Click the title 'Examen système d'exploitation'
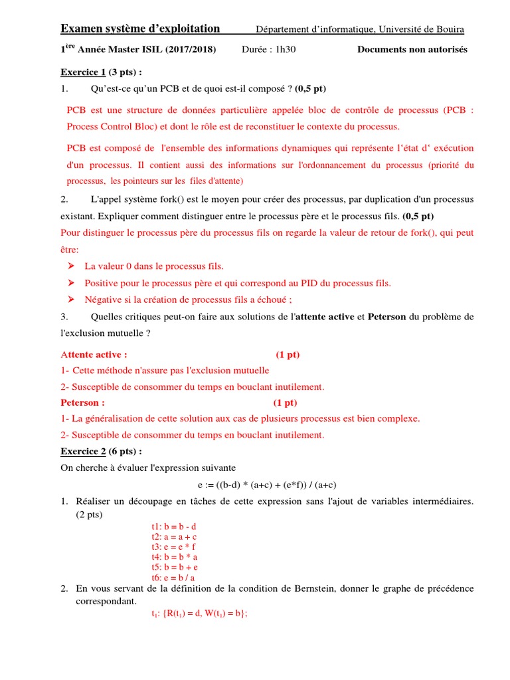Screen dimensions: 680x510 pyautogui.click(x=140, y=29)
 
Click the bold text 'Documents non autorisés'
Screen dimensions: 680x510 pyautogui.click(x=412, y=50)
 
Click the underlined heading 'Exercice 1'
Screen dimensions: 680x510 pyautogui.click(x=83, y=72)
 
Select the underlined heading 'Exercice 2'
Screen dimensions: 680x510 pyautogui.click(x=83, y=452)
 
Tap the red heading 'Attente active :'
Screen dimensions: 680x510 pyautogui.click(x=94, y=355)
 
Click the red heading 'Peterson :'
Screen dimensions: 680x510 pyautogui.click(x=82, y=402)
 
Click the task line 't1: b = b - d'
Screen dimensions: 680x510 pyautogui.click(x=174, y=526)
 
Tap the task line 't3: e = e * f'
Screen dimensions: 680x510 pyautogui.click(x=173, y=547)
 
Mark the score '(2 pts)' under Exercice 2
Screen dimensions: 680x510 pyautogui.click(x=90, y=514)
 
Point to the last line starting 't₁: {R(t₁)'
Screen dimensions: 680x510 pyautogui.click(x=199, y=614)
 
